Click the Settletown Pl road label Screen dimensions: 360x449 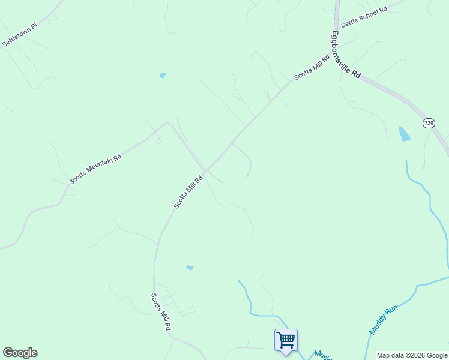20,35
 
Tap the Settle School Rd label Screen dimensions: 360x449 364,16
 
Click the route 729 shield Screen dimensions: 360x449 429,123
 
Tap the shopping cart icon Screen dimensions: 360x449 286,340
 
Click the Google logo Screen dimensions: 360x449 20,353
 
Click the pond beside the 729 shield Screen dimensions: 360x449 405,134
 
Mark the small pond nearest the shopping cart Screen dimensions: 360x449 190,268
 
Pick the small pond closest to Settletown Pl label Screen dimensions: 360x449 162,76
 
